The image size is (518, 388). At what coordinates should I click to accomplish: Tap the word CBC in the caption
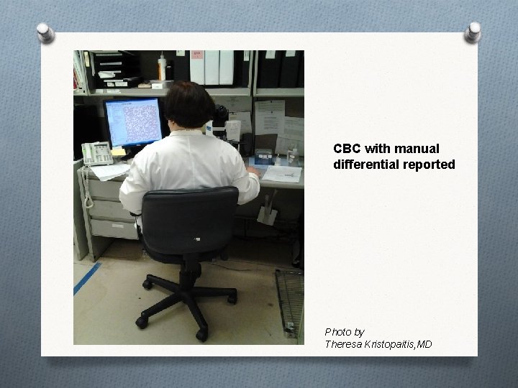point(347,149)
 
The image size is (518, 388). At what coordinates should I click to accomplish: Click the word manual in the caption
point(430,149)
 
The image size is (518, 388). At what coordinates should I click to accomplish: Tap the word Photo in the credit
point(338,332)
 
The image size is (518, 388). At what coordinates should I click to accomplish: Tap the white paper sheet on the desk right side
point(282,174)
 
